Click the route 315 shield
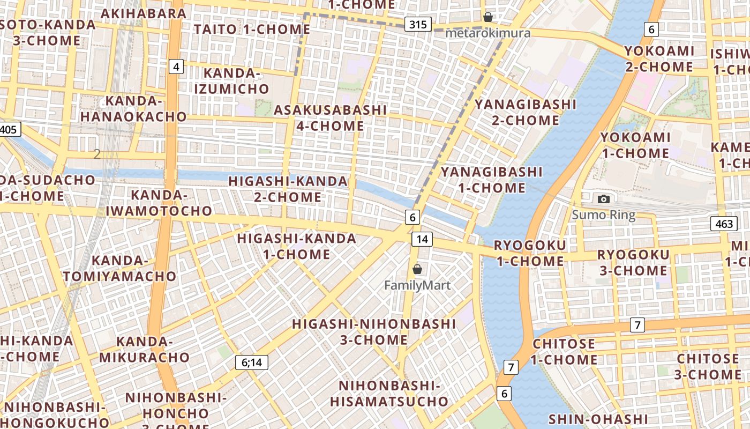pos(417,24)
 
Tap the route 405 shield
pos(9,129)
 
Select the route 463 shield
pos(724,224)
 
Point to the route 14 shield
pos(422,239)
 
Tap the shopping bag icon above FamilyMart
pos(417,269)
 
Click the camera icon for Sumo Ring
pos(604,199)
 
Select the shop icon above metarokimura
pos(488,17)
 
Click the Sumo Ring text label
pos(604,216)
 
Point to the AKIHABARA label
pos(144,13)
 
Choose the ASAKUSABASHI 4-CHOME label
pos(330,118)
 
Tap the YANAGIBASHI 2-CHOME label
pos(526,112)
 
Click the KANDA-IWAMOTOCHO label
pos(159,203)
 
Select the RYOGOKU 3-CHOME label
pos(633,262)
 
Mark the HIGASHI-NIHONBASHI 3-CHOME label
pos(374,332)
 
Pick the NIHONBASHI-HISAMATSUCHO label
pos(389,394)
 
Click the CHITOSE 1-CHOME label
pos(564,352)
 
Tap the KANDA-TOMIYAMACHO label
pos(119,269)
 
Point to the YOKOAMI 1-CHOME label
pos(635,145)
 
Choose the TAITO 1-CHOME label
pos(252,29)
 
